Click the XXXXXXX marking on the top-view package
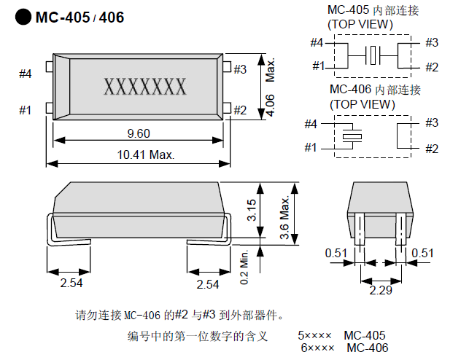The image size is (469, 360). (x=146, y=87)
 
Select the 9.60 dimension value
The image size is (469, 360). (x=138, y=133)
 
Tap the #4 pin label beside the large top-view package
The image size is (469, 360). (x=26, y=74)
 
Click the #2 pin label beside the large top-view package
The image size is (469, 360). (x=241, y=110)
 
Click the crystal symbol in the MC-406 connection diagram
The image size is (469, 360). (x=353, y=136)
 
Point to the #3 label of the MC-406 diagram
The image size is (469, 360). (x=431, y=122)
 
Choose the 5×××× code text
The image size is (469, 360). (x=314, y=336)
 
